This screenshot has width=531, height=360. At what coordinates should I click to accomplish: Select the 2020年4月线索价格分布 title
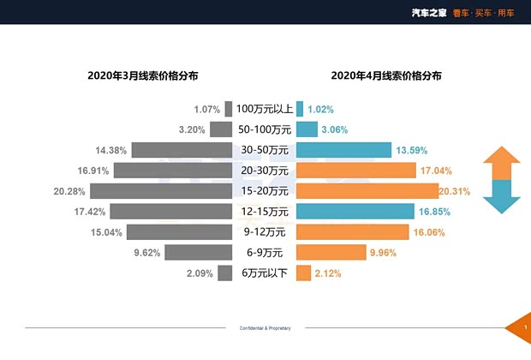386,75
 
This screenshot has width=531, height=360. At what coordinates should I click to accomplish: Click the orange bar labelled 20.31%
367,190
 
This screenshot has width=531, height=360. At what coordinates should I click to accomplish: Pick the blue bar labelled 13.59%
343,150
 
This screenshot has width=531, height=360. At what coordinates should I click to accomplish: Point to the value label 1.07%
206,110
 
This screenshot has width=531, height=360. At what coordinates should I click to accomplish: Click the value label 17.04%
437,171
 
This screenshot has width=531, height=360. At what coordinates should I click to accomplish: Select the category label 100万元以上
265,109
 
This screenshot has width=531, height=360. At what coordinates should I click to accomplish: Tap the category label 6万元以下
265,273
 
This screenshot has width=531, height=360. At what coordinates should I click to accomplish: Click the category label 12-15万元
265,211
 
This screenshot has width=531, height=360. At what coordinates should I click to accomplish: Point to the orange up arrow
501,163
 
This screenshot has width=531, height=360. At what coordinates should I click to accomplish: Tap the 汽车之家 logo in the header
427,12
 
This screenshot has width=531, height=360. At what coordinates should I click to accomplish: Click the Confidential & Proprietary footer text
265,328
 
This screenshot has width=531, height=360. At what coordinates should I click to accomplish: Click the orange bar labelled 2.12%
303,273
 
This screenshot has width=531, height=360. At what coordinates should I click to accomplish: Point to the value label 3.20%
192,130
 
